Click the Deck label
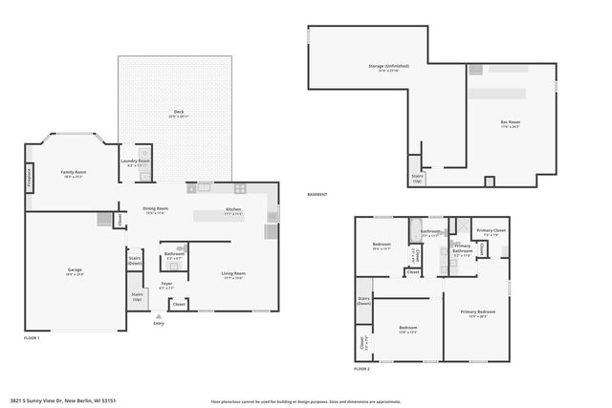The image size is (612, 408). (x=178, y=113)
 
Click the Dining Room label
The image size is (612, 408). (x=156, y=209)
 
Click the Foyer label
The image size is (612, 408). (x=166, y=284)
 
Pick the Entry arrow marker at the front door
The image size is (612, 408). (x=159, y=316)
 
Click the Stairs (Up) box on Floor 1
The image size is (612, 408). (x=137, y=296)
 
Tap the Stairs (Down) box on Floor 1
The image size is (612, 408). (x=135, y=259)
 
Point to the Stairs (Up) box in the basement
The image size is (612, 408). (x=417, y=178)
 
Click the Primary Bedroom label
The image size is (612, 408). (x=477, y=312)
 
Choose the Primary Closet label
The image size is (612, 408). (x=492, y=232)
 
